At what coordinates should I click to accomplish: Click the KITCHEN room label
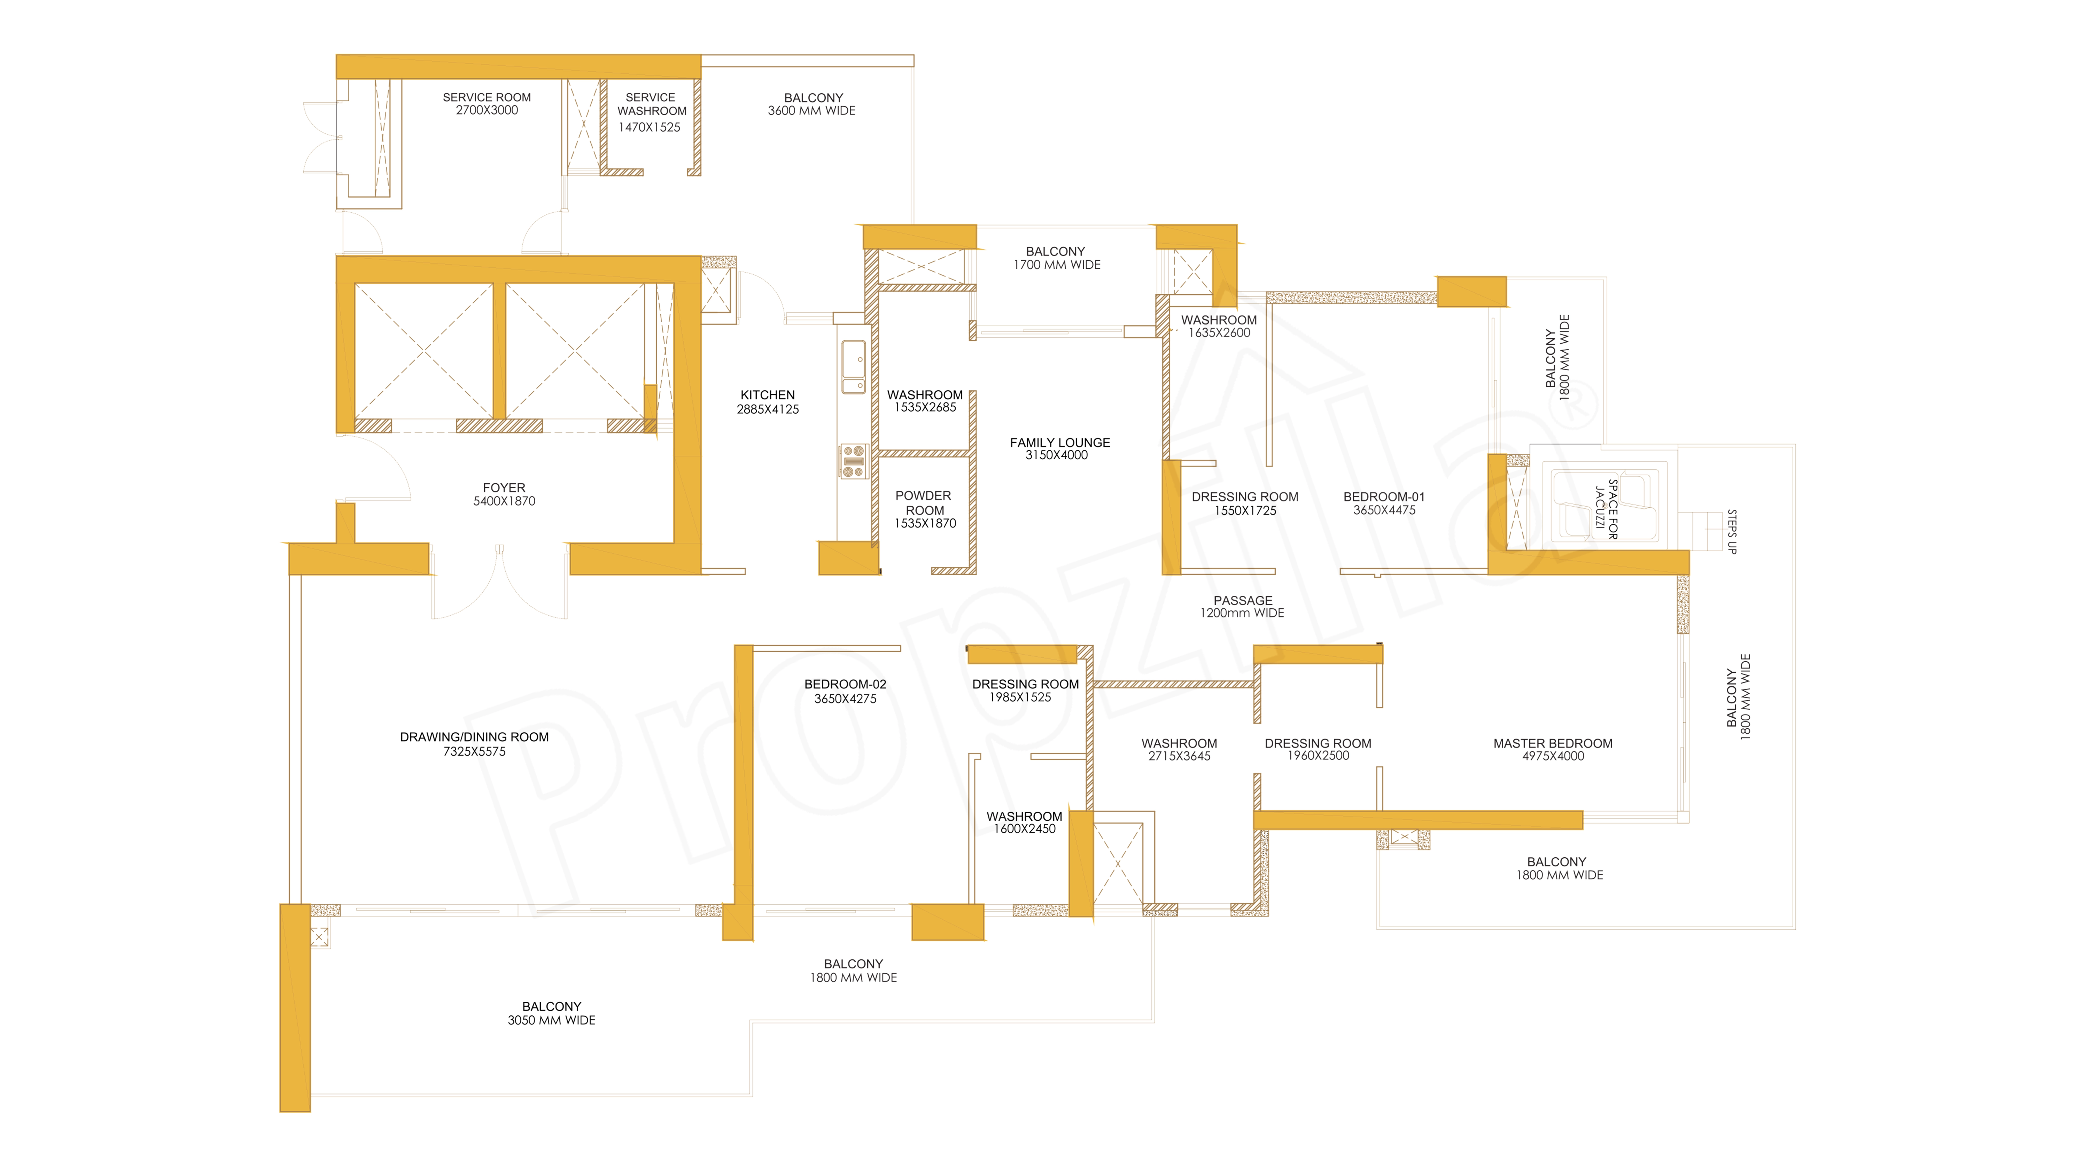click(x=768, y=395)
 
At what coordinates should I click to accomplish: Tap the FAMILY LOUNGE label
click(x=1060, y=442)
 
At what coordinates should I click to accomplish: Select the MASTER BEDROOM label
click(x=1553, y=743)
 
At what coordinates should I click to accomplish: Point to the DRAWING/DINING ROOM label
click(x=474, y=737)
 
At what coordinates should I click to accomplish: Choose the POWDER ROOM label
click(x=924, y=503)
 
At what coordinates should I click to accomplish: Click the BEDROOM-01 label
click(x=1384, y=497)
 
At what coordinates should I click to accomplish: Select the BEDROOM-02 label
click(x=845, y=684)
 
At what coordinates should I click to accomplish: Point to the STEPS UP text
click(x=1732, y=532)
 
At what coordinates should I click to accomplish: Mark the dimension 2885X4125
click(x=768, y=409)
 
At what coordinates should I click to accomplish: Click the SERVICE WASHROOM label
click(x=652, y=104)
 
